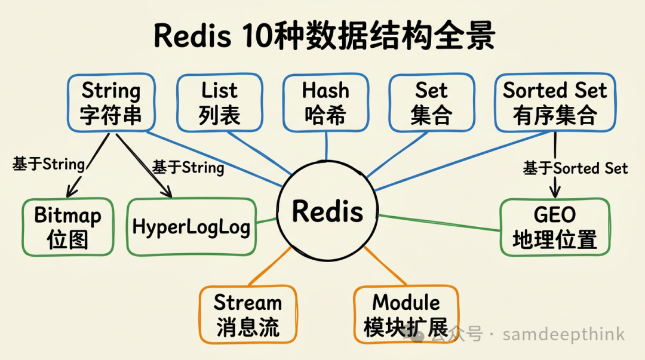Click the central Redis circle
coord(328,211)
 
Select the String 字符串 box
coord(110,102)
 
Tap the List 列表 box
coord(219,102)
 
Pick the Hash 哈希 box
coord(325,102)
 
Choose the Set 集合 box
coord(431,102)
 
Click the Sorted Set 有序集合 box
coord(555,102)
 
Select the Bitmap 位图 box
coord(67,227)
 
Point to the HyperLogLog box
coord(191,227)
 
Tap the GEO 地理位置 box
coord(555,227)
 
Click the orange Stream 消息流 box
coord(248,315)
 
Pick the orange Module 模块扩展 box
coord(406,315)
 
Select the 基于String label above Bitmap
coord(48,164)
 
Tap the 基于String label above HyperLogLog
coord(188,167)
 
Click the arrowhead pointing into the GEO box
coord(555,193)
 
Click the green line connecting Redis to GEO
coord(439,222)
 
